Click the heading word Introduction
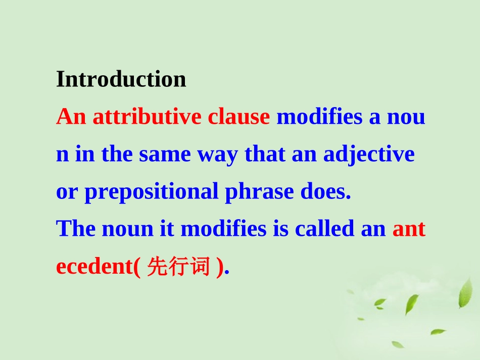click(x=121, y=79)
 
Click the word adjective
click(x=369, y=155)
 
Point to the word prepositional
click(x=151, y=192)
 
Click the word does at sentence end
click(x=325, y=192)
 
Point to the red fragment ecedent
click(x=94, y=267)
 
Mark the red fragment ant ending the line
click(x=409, y=229)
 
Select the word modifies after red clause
click(x=320, y=117)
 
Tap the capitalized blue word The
click(x=76, y=229)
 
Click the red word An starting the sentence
click(x=71, y=117)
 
